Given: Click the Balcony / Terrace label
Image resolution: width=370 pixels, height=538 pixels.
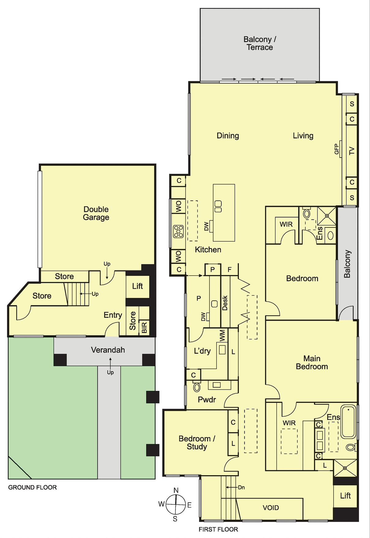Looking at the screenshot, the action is click(x=260, y=43).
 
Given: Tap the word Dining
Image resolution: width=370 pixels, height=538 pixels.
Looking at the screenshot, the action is click(x=228, y=136).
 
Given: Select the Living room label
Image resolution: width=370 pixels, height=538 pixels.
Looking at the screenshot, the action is click(x=303, y=136).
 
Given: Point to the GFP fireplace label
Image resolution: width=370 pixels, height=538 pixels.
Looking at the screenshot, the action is click(x=336, y=149).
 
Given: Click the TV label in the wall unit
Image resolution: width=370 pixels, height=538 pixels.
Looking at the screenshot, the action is click(x=352, y=151).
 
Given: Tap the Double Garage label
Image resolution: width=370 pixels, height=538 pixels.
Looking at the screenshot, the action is click(x=96, y=213).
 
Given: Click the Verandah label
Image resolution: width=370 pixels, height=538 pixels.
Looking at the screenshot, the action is click(x=108, y=350).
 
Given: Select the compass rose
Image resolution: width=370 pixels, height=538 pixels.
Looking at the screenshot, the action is click(x=176, y=504).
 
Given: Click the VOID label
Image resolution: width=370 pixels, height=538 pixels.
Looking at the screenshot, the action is click(x=271, y=508).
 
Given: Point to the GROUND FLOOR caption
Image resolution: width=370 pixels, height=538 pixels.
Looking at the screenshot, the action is click(x=32, y=487).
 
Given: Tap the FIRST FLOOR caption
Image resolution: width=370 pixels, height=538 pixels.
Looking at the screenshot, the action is click(x=218, y=529).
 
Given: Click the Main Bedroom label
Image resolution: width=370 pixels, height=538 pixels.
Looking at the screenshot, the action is click(x=312, y=362).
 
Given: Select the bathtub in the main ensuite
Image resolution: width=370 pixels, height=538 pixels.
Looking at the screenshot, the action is click(x=349, y=422).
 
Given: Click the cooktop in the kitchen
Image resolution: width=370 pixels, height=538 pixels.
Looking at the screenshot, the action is click(x=178, y=231).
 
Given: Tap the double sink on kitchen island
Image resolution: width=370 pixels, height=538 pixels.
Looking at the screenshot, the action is click(x=218, y=206).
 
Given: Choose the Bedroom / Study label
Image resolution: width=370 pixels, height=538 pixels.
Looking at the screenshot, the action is click(x=197, y=443).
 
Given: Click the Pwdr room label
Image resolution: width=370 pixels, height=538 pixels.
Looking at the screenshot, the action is click(x=207, y=400).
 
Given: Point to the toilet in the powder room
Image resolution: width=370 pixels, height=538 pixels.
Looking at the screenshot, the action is click(x=197, y=387).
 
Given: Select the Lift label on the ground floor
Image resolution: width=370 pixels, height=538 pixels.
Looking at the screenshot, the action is click(x=138, y=286).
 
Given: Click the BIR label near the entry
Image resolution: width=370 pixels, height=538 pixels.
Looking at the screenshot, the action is click(x=144, y=327).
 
